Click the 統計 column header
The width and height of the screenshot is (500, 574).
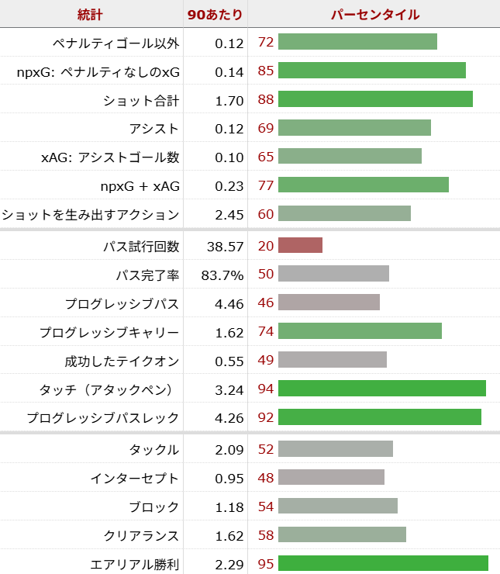[x=90, y=14]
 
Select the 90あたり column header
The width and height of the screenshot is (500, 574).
[x=215, y=14]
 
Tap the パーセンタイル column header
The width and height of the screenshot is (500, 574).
[x=375, y=14]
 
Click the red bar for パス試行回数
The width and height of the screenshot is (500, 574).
[x=300, y=246]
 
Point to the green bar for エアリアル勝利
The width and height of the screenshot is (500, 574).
[x=383, y=564]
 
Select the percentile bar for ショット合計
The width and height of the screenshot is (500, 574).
[x=375, y=99]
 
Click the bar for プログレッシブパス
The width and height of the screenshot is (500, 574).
[x=329, y=303]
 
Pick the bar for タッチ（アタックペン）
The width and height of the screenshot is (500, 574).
[x=381, y=389]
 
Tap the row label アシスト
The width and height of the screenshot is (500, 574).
[x=154, y=129]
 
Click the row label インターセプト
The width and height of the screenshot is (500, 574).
[x=142, y=479]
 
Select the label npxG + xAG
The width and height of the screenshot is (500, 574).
[x=140, y=186]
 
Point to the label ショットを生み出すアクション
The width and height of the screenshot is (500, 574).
[x=91, y=215]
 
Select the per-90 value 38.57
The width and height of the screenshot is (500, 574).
[x=226, y=247]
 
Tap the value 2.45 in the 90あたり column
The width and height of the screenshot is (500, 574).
[x=229, y=215]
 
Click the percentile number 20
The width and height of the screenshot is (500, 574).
[x=266, y=247]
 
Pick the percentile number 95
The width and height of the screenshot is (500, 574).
[x=266, y=564]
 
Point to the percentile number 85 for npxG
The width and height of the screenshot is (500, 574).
[x=266, y=71]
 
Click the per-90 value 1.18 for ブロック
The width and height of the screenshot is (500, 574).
[x=229, y=507]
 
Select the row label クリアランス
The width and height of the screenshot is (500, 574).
[x=142, y=536]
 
